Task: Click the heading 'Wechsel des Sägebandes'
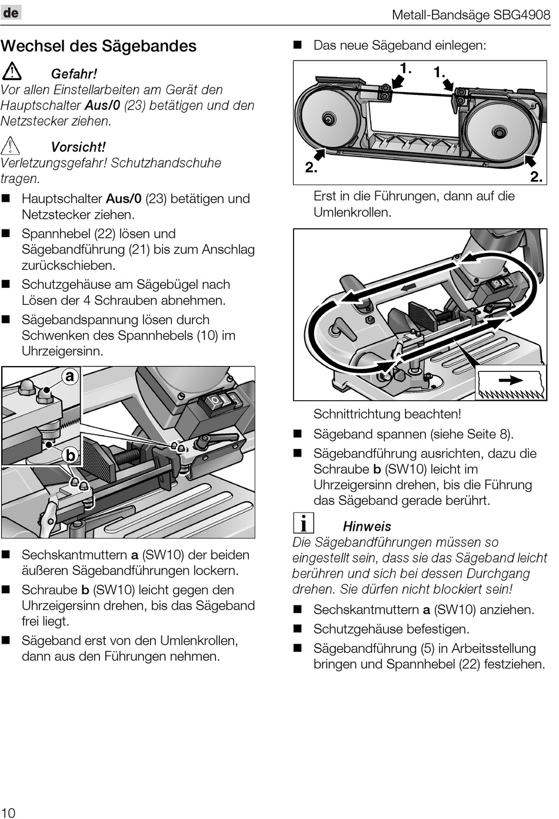[x=99, y=46]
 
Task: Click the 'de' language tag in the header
[x=11, y=12]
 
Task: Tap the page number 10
[x=8, y=812]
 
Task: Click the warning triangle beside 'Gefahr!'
[x=12, y=72]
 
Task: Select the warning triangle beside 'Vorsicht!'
[x=11, y=145]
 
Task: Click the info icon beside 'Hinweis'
[x=303, y=523]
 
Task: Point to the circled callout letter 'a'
[x=70, y=376]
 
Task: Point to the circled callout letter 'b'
[x=70, y=455]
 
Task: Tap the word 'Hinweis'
[x=367, y=526]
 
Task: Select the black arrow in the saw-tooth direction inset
[x=510, y=381]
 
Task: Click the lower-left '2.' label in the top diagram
[x=311, y=168]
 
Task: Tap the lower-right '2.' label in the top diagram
[x=536, y=177]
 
